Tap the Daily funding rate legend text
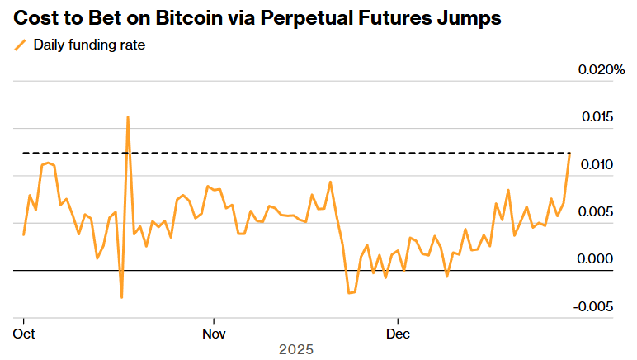tap(89, 45)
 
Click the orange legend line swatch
tap(21, 45)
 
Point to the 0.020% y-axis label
tap(601, 70)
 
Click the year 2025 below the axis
tap(296, 350)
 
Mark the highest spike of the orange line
tap(128, 116)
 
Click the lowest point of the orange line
tap(121, 297)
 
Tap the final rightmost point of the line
tap(569, 154)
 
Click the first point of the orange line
tap(24, 235)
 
